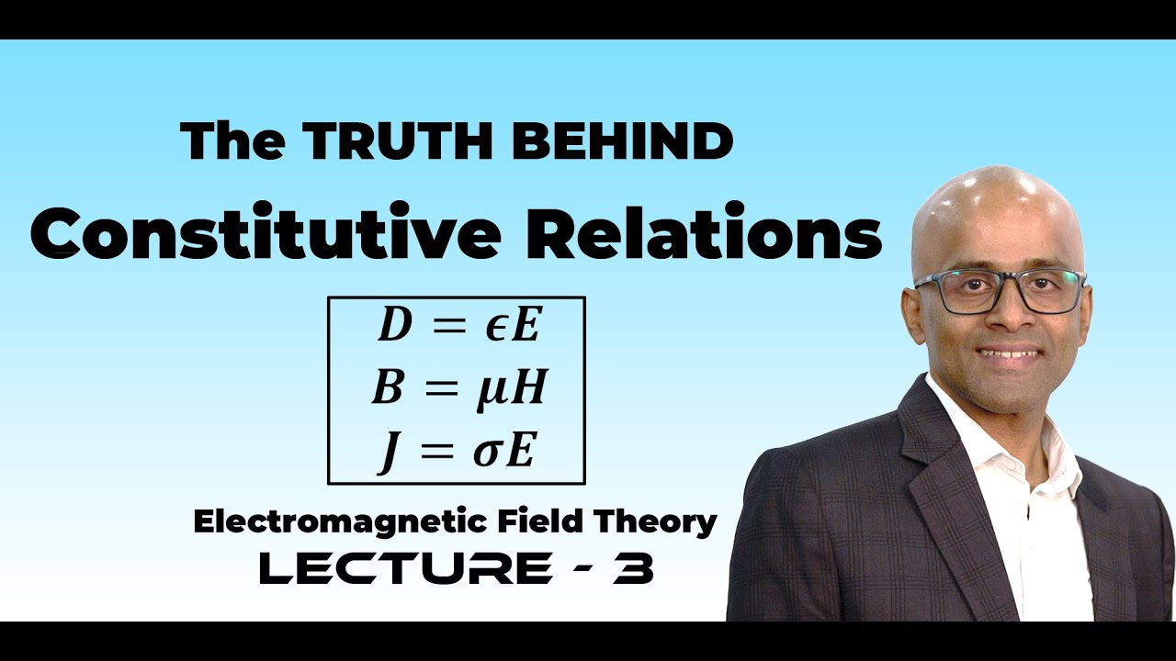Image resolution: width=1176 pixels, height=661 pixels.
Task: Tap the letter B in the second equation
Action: click(386, 390)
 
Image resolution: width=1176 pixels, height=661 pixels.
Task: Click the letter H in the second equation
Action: click(529, 390)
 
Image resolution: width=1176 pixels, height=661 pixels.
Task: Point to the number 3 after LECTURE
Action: click(634, 569)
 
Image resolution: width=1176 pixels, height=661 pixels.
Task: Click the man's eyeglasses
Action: click(1001, 291)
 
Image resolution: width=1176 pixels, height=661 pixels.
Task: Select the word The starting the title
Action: click(232, 141)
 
